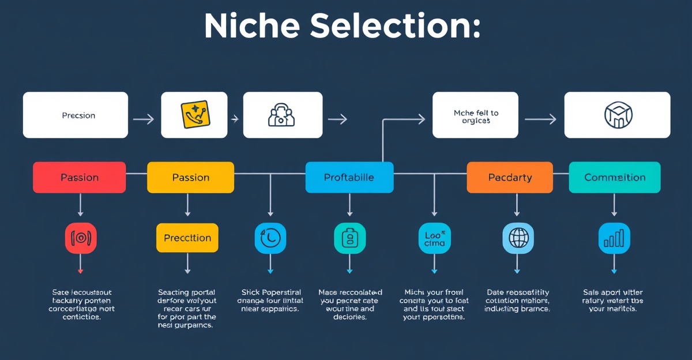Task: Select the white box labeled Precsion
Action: coord(76,115)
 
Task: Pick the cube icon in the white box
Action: coord(617,115)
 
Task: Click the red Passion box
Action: coord(80,177)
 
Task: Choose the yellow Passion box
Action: coord(190,177)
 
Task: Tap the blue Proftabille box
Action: coord(349,177)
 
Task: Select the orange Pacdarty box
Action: coord(510,177)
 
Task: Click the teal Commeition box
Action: coord(614,177)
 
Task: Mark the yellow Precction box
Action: coord(187,238)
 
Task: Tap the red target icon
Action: coord(81,238)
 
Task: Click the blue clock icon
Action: coord(270,238)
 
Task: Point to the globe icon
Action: coord(518,238)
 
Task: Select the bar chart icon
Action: coord(614,238)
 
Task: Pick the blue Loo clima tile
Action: coord(434,238)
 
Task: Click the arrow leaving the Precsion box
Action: coord(143,119)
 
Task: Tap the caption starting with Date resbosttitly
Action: coord(518,301)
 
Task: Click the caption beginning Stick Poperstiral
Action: coord(269,301)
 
